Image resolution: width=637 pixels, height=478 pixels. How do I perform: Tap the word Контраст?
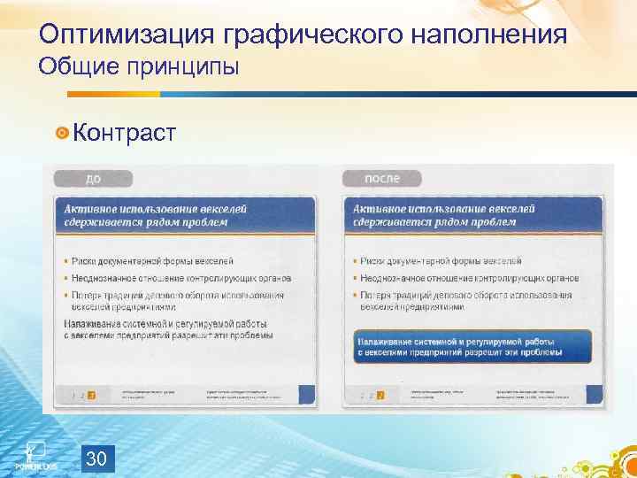click(125, 133)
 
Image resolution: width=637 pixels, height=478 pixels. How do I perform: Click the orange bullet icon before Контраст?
click(61, 134)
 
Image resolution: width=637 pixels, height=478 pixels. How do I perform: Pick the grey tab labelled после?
click(383, 178)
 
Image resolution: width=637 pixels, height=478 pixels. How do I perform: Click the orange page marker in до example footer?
click(91, 394)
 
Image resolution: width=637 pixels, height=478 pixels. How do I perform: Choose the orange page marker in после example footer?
click(380, 394)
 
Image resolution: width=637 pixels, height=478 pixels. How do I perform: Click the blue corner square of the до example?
click(306, 395)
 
